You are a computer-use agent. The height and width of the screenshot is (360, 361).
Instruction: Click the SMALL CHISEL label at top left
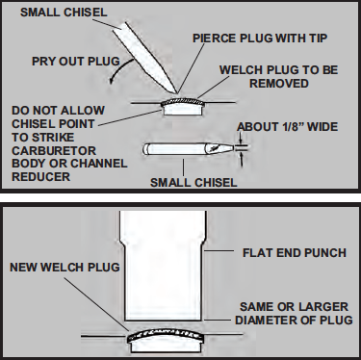coord(64,13)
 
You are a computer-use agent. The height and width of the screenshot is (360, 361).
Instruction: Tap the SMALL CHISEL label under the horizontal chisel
coord(193,183)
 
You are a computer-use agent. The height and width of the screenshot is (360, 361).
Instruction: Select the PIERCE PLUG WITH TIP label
coord(260,39)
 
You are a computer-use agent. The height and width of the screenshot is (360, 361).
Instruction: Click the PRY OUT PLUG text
coord(76,61)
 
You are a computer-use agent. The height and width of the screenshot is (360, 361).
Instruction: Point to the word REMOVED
coord(279,84)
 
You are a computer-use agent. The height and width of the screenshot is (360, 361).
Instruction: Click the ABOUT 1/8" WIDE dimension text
coord(288,127)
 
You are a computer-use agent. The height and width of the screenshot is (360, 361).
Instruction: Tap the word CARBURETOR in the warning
coord(54,150)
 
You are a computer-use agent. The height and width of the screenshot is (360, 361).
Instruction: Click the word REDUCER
coord(40,177)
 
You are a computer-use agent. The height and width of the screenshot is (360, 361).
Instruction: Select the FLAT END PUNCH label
coord(295,253)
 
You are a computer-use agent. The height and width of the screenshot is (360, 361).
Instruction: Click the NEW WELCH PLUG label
coord(64,268)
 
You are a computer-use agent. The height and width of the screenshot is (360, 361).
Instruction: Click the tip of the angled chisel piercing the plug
coord(176,93)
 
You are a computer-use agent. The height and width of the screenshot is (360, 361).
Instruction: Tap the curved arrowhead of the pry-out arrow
coord(111,80)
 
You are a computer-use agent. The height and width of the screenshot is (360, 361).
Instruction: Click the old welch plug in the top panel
coord(183,101)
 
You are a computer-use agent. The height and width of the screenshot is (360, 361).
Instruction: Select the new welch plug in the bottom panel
coord(166,336)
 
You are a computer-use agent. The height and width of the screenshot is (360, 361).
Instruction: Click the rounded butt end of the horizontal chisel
coord(146,149)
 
